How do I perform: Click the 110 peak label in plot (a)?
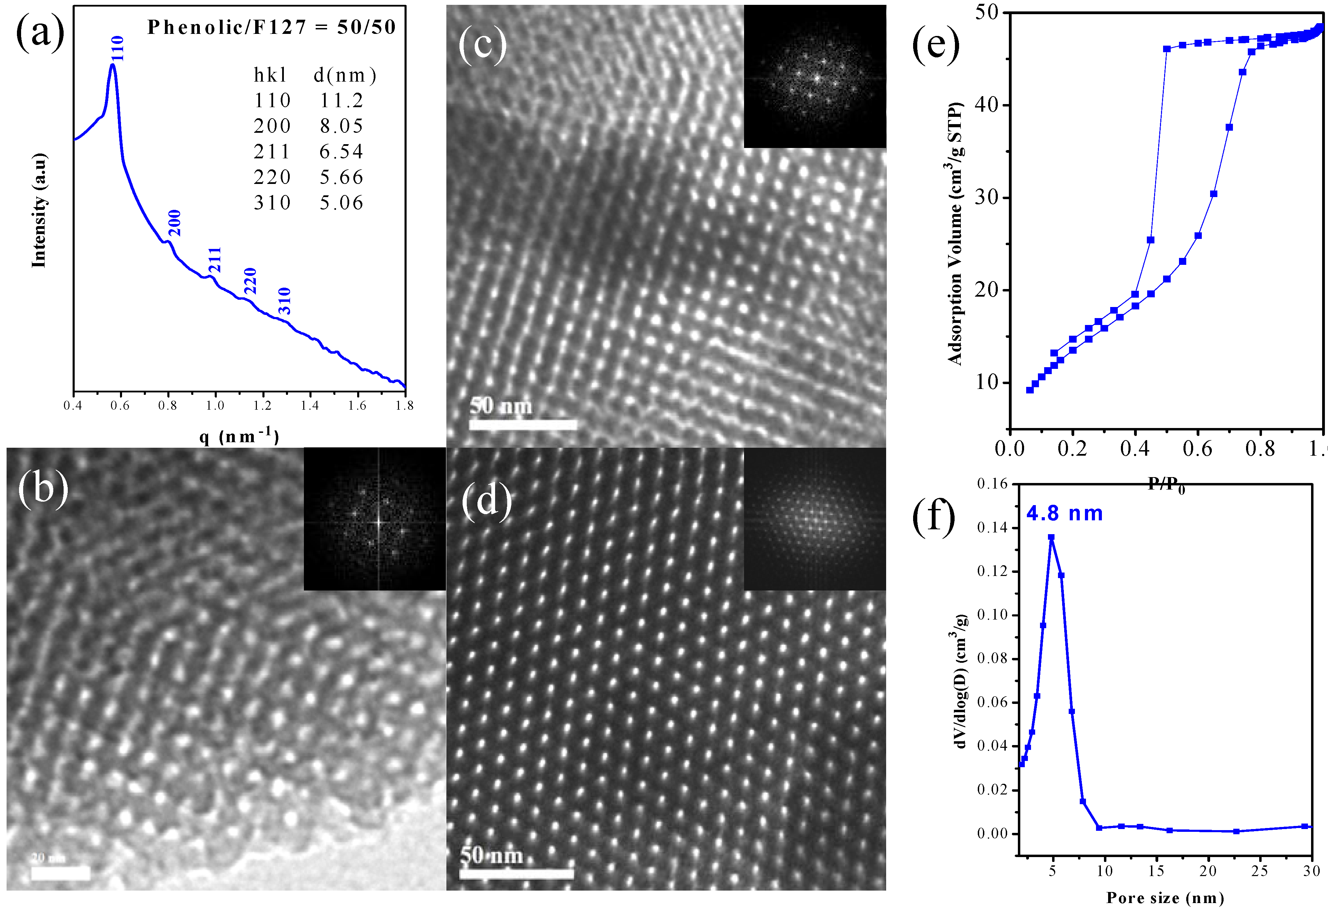(117, 49)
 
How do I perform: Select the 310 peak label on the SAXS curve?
(285, 301)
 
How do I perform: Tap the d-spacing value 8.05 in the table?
(341, 126)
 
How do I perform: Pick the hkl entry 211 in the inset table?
(272, 151)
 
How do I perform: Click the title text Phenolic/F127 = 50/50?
(271, 27)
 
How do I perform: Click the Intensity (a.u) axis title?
(39, 210)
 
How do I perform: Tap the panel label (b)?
(43, 489)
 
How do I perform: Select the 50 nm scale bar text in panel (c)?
(501, 406)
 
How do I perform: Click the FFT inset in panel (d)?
(814, 519)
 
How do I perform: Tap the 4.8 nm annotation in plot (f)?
(1064, 513)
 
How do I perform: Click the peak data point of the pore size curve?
(1051, 537)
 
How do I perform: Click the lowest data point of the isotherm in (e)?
(1030, 390)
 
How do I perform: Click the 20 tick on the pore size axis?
(1207, 871)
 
